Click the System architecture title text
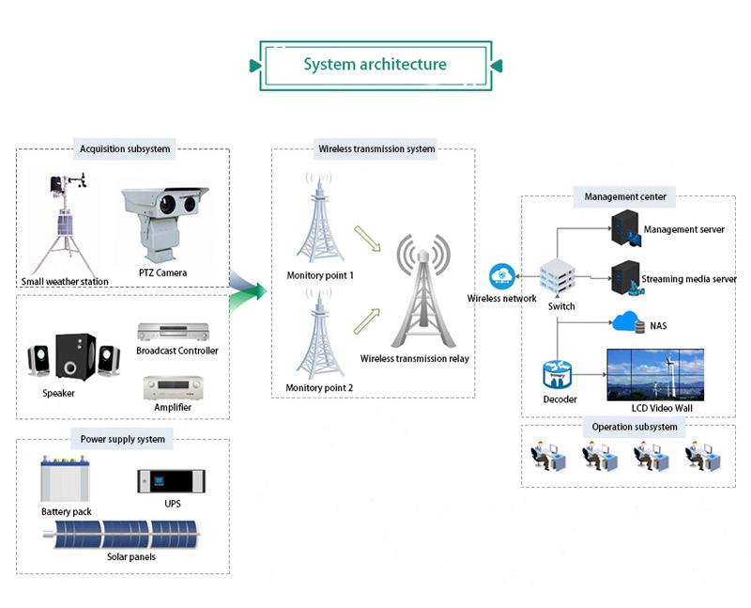(x=375, y=65)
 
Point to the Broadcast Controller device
(x=176, y=332)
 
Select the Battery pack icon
(x=63, y=479)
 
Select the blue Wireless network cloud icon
(x=500, y=276)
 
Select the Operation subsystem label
(x=627, y=427)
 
